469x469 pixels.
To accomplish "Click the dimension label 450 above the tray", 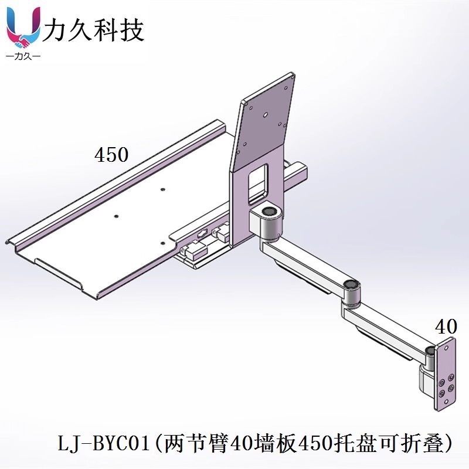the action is tap(111, 155).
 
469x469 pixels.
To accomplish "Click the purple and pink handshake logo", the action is tap(23, 29).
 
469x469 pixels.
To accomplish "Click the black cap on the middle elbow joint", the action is tap(351, 286).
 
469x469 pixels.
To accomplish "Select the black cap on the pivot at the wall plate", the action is tap(431, 351).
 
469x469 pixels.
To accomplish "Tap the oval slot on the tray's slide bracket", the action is tap(202, 233).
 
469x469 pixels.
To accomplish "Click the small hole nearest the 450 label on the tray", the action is tap(163, 189).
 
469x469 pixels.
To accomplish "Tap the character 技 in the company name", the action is tap(131, 29).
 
